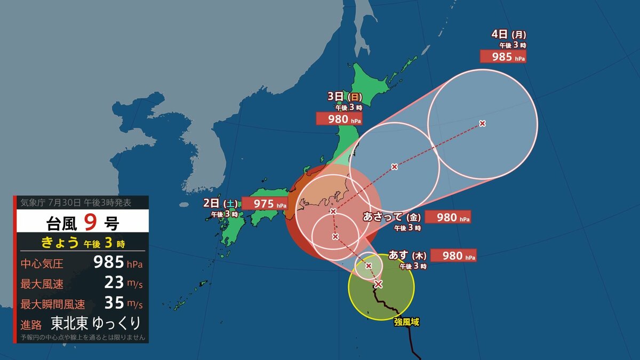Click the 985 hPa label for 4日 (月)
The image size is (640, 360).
(503, 56)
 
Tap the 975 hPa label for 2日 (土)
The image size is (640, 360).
(265, 204)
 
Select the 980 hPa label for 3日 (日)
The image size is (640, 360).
(339, 118)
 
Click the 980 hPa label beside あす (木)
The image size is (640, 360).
(453, 255)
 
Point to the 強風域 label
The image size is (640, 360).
(407, 322)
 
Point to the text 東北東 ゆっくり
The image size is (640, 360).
(96, 323)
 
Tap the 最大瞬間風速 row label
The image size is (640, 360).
(52, 305)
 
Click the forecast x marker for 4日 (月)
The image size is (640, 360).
(482, 124)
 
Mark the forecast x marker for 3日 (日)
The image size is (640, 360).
(394, 167)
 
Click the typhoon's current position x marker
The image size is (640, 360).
(378, 284)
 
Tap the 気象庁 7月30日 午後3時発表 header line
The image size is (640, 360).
(75, 203)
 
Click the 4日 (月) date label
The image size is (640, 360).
(504, 35)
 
